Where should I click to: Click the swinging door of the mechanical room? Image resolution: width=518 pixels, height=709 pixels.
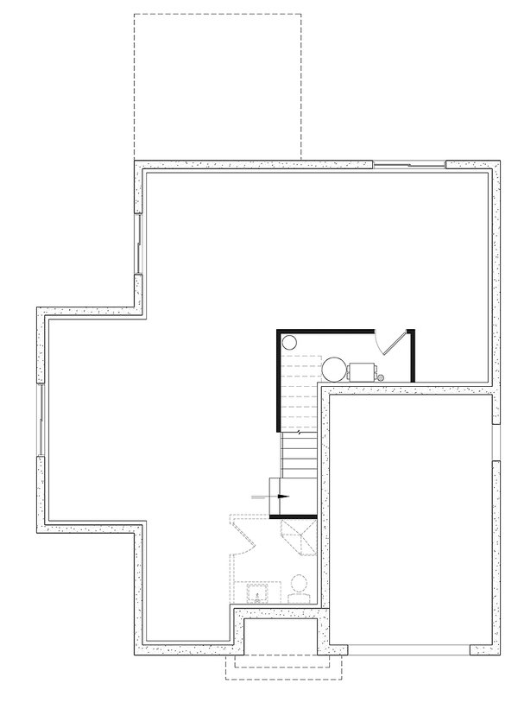point(393,342)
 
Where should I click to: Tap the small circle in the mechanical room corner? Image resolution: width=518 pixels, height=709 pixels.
point(289,340)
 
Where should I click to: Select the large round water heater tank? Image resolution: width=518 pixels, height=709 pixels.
point(334,370)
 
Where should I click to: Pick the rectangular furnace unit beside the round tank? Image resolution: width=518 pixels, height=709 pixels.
point(362,371)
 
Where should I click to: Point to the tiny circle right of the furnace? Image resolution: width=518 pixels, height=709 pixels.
point(381,377)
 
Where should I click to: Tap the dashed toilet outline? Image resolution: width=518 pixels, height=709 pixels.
point(300,590)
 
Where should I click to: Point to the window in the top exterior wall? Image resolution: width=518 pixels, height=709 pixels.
point(408,163)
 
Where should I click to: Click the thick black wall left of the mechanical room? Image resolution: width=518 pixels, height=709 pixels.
point(276,380)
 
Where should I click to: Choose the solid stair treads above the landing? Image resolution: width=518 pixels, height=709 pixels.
point(300,455)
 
